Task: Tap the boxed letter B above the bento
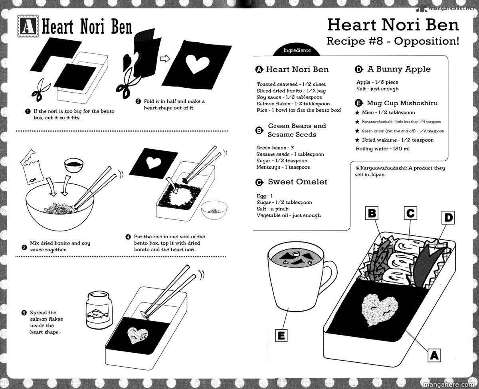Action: coord(372,213)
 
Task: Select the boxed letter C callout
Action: coord(410,213)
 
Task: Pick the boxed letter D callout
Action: coord(448,218)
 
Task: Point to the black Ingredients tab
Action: coord(297,51)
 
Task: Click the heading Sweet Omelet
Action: coord(297,182)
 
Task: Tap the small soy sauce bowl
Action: coord(73,165)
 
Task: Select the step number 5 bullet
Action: coord(24,313)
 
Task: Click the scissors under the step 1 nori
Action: coord(40,90)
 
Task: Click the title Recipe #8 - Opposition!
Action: coord(392,41)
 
